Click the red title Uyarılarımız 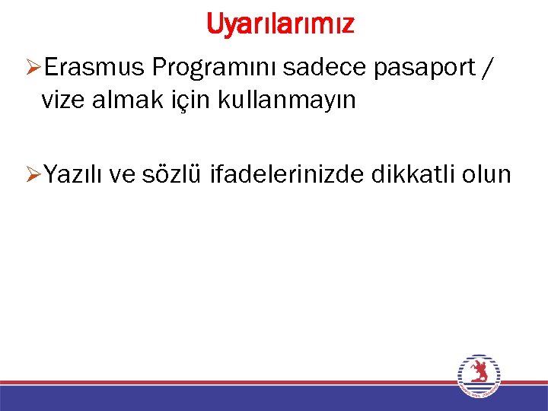(279, 24)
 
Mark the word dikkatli (416, 174)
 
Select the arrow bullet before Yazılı (32, 175)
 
